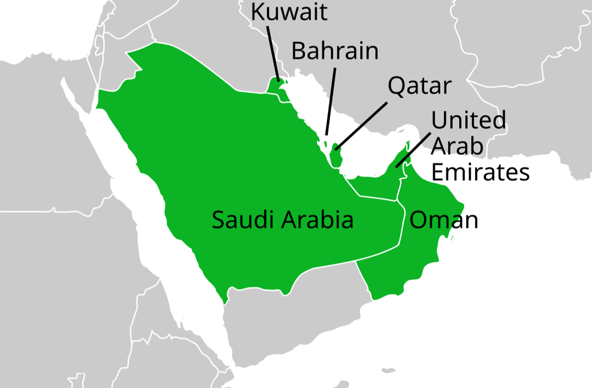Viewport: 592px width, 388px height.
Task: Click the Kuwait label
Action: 289,12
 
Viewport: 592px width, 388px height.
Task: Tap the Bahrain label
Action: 335,51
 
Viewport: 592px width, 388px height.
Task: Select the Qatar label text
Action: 419,86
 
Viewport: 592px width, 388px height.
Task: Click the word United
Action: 469,120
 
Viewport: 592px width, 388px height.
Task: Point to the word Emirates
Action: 480,173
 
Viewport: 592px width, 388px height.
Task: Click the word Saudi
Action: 242,220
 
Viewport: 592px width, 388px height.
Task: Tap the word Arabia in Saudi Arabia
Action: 317,220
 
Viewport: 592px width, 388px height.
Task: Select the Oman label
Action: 444,220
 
